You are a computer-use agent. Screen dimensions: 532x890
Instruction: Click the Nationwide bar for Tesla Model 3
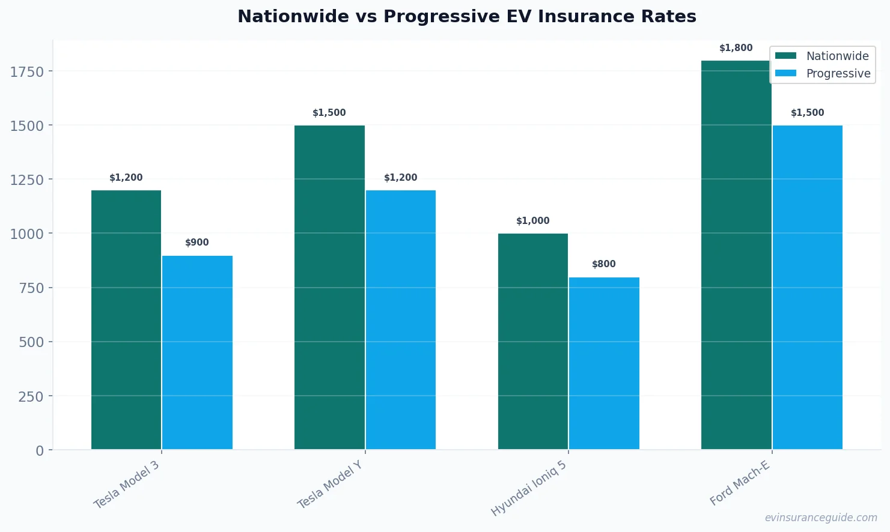[126, 319]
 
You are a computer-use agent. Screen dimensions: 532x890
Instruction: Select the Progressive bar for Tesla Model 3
[197, 352]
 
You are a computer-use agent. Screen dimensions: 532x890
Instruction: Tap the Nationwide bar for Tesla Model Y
[329, 287]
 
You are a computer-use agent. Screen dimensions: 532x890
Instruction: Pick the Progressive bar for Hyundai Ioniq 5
[604, 363]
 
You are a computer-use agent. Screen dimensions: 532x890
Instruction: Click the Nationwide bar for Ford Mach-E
[736, 255]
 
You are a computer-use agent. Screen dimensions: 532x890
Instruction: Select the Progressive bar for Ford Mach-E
[807, 287]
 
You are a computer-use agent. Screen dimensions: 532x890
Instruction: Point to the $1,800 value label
[736, 48]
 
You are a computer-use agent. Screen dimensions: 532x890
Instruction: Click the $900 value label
[197, 243]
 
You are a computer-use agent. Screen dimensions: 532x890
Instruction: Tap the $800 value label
[604, 264]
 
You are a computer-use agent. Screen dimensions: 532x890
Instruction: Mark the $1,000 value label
[532, 221]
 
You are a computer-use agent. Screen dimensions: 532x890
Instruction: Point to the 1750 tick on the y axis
[27, 71]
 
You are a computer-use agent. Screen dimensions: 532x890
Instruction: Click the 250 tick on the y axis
[31, 396]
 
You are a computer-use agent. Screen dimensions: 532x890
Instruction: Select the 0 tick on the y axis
[40, 450]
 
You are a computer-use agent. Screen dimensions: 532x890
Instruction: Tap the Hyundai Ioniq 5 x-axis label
[529, 489]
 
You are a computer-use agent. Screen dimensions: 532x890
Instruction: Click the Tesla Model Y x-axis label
[330, 485]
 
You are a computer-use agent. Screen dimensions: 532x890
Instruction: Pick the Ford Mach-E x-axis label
[739, 483]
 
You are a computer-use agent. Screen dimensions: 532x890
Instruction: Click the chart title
[466, 16]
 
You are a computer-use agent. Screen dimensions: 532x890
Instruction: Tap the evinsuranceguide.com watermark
[820, 518]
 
